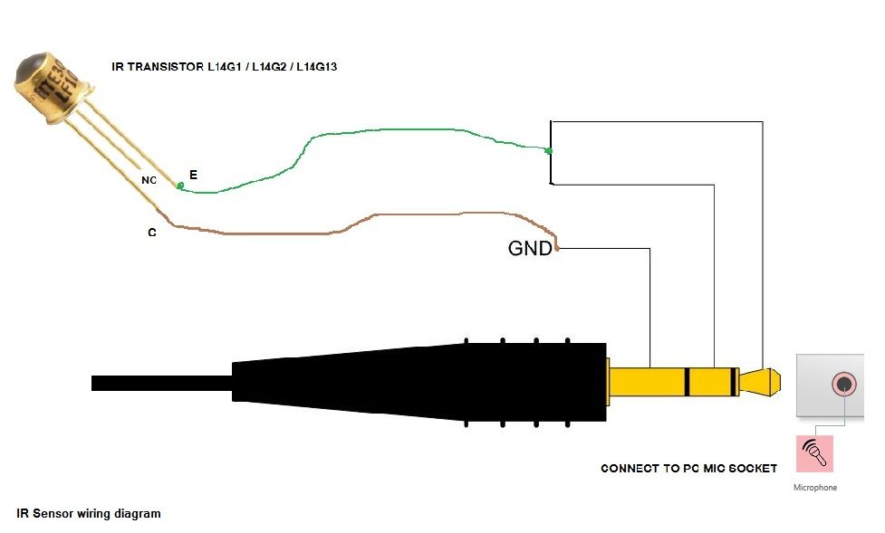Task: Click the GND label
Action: pos(530,248)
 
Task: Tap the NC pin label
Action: pos(149,181)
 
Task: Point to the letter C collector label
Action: pos(152,233)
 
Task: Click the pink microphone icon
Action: pos(813,453)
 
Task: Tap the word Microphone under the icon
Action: pos(814,488)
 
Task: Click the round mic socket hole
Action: pos(844,384)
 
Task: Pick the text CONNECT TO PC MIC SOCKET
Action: pos(688,469)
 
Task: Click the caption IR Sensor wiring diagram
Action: pos(89,513)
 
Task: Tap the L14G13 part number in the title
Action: pos(313,67)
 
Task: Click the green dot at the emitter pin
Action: pos(180,186)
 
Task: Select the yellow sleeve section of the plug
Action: pos(647,382)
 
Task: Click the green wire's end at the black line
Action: pos(549,150)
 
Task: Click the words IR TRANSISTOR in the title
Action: pos(159,67)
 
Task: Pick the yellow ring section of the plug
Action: pos(711,382)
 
